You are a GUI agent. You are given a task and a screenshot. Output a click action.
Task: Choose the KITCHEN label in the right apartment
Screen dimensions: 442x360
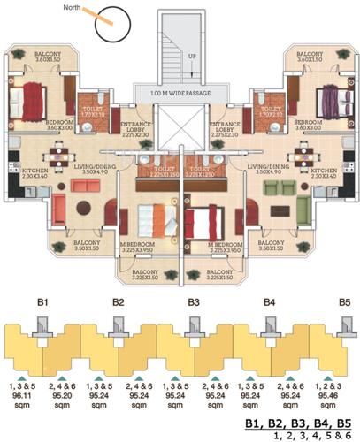[323, 170]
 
